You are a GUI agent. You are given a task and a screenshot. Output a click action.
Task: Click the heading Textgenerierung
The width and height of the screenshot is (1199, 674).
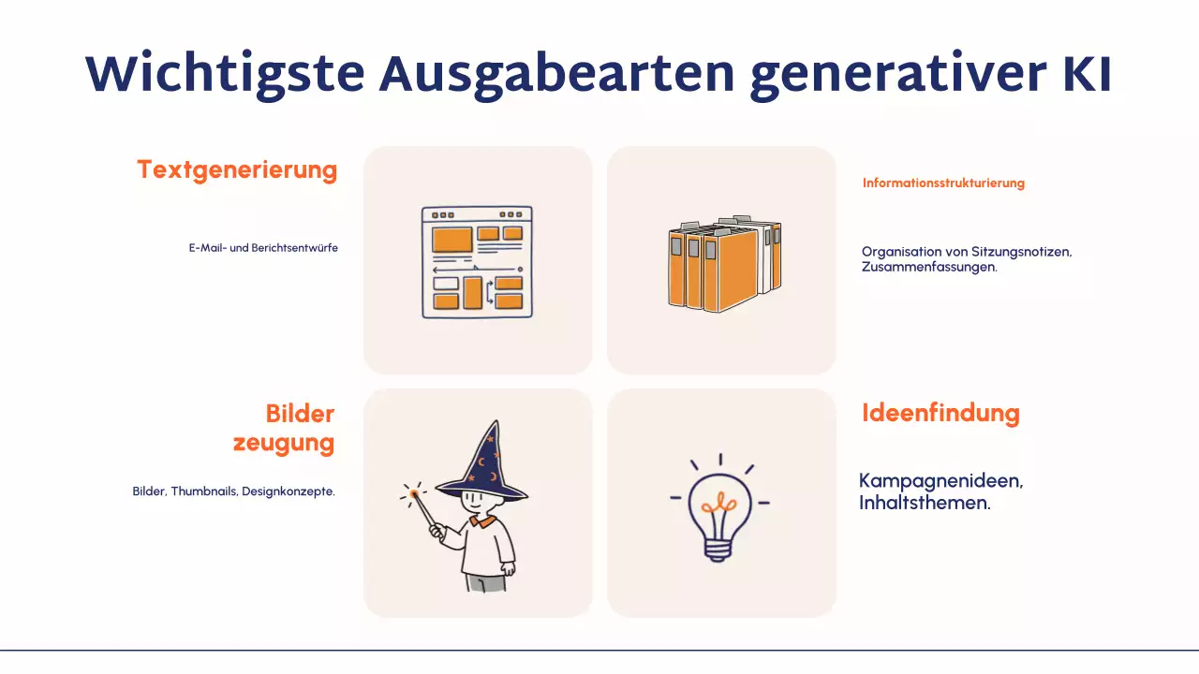click(237, 170)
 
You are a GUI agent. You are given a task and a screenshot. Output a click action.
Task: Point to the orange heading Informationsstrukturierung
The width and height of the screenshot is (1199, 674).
click(943, 183)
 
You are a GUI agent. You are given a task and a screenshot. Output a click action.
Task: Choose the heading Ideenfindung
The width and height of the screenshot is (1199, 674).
click(940, 413)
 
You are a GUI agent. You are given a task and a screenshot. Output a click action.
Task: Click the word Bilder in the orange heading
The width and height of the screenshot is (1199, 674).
click(300, 414)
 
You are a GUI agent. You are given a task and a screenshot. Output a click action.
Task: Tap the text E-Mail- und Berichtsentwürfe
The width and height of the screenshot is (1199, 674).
click(263, 248)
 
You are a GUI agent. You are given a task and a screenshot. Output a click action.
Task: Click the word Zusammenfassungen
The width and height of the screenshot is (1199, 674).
click(928, 267)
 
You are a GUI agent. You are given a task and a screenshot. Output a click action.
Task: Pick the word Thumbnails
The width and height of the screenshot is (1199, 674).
click(206, 491)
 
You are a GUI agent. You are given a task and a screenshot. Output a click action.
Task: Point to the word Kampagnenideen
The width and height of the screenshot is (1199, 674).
click(940, 481)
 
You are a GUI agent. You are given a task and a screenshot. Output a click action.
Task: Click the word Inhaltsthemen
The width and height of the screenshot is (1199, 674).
click(924, 503)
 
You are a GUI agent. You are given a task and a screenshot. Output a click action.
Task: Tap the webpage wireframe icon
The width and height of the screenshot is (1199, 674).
click(477, 262)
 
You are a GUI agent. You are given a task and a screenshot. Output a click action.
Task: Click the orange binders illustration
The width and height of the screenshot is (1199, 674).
click(723, 265)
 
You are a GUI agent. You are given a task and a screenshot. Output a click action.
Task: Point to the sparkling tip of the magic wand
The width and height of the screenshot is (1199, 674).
click(412, 492)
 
